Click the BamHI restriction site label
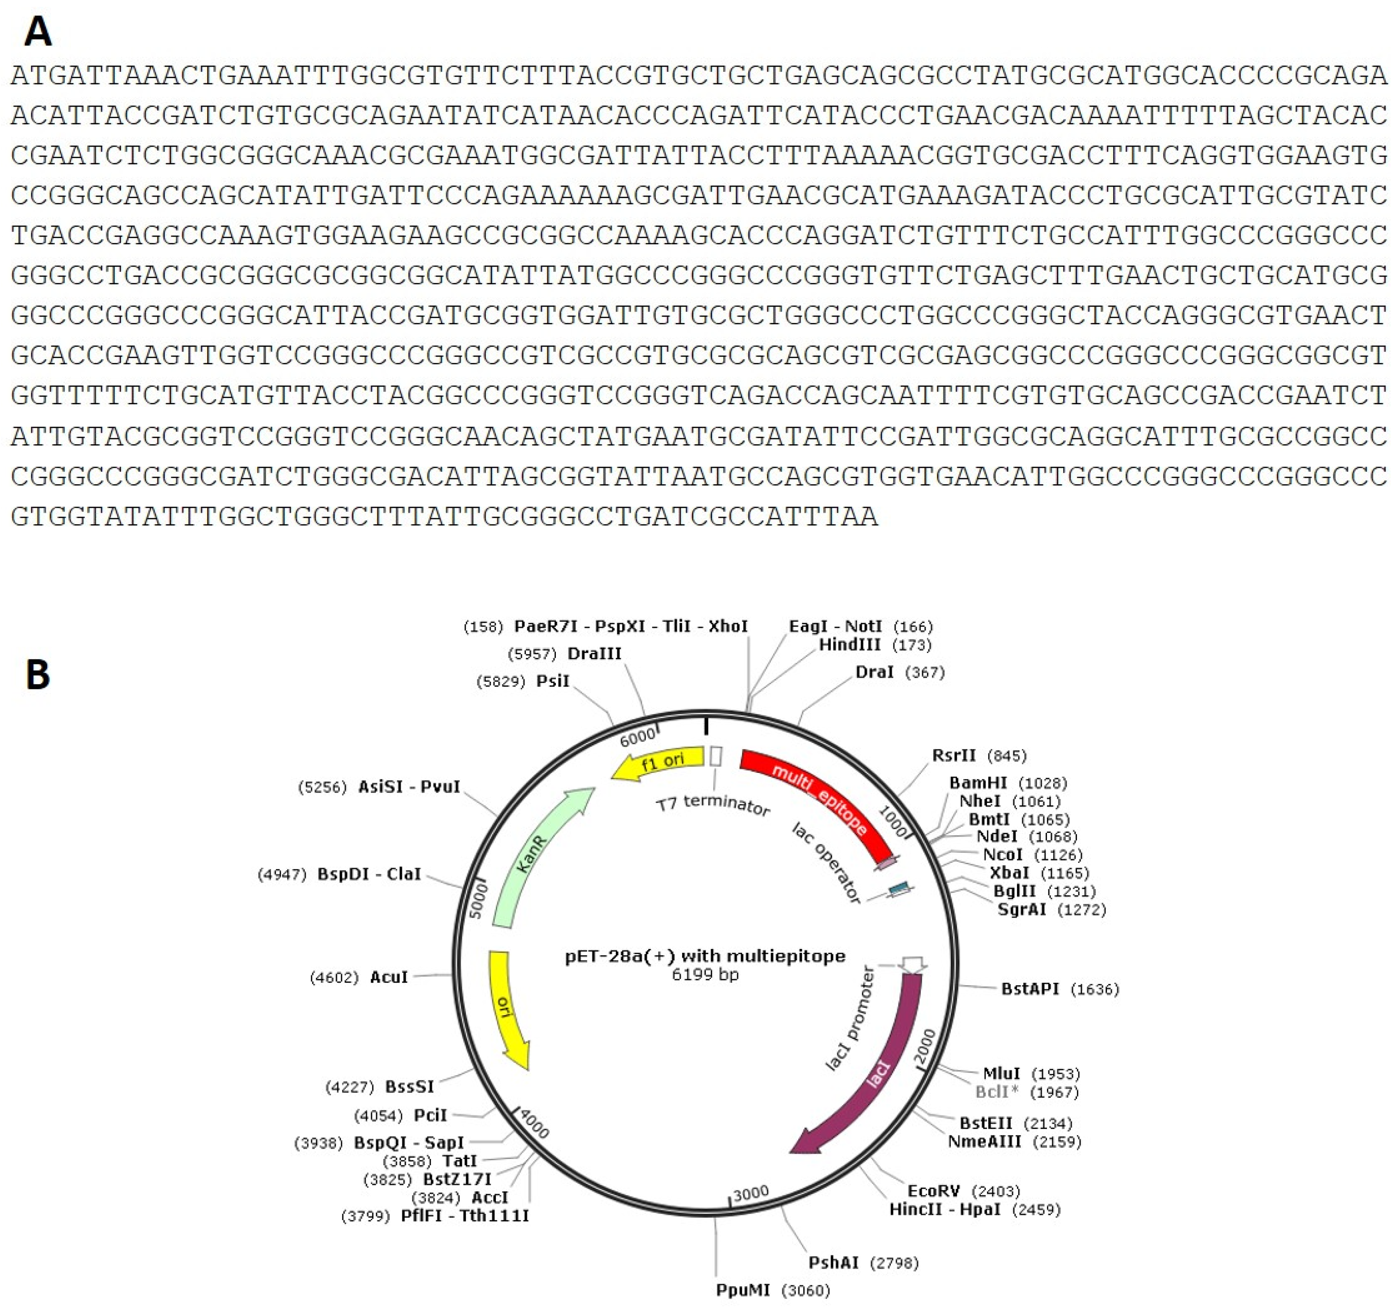pyautogui.click(x=977, y=783)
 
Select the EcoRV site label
pyautogui.click(x=933, y=1190)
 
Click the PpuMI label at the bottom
pyautogui.click(x=743, y=1290)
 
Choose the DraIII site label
pyautogui.click(x=594, y=653)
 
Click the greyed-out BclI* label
pyautogui.click(x=996, y=1092)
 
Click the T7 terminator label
pyautogui.click(x=713, y=804)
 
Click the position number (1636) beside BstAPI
pyautogui.click(x=1094, y=990)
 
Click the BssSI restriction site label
pyautogui.click(x=409, y=1086)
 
